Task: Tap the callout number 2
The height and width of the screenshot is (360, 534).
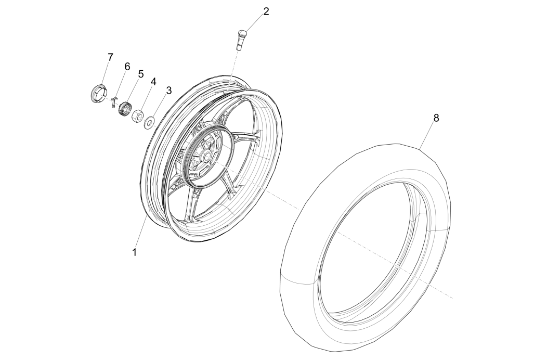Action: point(266,11)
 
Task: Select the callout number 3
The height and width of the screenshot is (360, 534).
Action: point(168,91)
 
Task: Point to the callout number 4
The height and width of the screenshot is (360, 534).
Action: point(153,82)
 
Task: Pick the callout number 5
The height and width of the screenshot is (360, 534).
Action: point(140,74)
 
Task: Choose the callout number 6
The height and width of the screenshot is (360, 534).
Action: point(126,66)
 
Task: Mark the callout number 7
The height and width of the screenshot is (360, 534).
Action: point(110,57)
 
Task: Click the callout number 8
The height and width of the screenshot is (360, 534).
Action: point(436,118)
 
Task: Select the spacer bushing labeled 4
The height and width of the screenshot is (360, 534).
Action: point(138,116)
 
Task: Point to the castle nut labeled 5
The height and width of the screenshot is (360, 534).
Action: point(124,109)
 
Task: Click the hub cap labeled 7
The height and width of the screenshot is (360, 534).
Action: point(97,94)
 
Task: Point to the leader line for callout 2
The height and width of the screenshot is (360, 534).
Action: point(254,24)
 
